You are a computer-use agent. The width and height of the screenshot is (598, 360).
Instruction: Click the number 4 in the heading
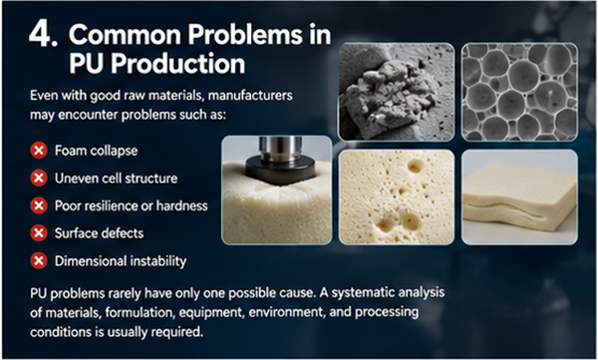(41, 34)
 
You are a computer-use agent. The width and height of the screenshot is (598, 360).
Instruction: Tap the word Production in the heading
(178, 63)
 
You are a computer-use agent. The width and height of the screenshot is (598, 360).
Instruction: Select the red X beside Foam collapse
(39, 151)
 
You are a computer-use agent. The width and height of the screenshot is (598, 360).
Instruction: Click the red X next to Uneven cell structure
(39, 178)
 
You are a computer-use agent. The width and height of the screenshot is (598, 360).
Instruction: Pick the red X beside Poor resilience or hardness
(39, 205)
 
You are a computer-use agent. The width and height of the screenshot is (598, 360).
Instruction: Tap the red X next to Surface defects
(39, 233)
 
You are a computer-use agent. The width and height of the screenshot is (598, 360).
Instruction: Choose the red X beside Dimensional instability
(39, 260)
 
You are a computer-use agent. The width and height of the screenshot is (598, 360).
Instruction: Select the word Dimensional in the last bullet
(91, 261)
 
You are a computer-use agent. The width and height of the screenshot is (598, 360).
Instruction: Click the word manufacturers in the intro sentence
(250, 95)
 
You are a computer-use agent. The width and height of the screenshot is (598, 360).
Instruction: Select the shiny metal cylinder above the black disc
(281, 147)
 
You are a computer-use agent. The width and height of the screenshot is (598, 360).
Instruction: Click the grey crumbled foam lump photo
(397, 92)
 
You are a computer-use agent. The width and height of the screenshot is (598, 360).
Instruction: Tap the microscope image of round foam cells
(519, 92)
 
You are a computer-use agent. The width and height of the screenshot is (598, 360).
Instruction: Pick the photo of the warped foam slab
(519, 197)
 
